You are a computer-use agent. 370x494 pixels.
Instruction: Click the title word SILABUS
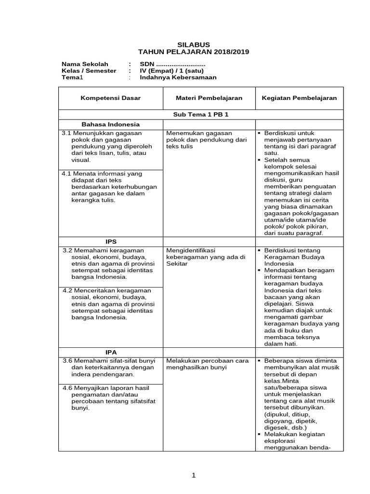[194, 44]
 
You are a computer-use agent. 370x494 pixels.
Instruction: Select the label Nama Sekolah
[85, 64]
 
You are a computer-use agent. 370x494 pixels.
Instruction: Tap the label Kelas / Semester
[89, 70]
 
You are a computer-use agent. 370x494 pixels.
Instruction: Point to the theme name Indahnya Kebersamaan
[178, 77]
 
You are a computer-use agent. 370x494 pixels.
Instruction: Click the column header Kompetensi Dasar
[111, 98]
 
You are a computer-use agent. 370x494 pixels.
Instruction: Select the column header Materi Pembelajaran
[209, 98]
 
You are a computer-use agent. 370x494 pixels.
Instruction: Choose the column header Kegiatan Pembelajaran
[299, 98]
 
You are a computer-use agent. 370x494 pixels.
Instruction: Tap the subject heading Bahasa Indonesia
[111, 124]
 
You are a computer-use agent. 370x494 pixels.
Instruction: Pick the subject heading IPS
[111, 241]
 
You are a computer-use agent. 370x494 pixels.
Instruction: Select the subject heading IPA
[111, 352]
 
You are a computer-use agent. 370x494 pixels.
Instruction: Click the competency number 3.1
[66, 133]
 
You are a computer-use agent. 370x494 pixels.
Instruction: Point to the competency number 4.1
[66, 173]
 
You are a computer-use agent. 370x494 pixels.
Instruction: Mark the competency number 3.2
[68, 250]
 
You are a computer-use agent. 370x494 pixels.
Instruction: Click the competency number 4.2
[68, 290]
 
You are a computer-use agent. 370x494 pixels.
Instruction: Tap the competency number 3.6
[68, 361]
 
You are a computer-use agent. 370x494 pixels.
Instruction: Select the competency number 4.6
[68, 388]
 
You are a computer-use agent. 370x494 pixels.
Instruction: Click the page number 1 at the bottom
[194, 476]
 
